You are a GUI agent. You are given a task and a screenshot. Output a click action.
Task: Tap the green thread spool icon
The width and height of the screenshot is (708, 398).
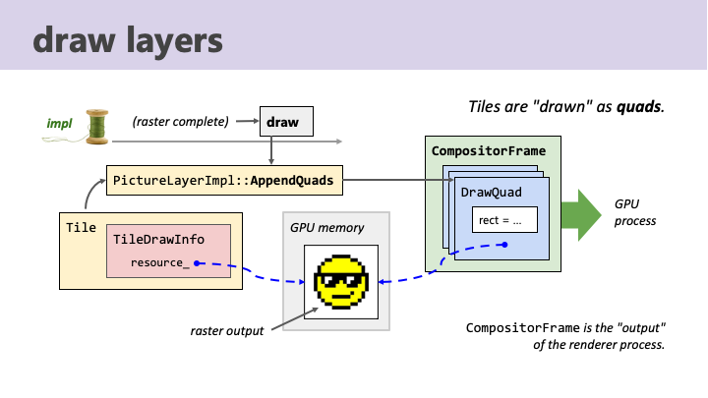(x=97, y=127)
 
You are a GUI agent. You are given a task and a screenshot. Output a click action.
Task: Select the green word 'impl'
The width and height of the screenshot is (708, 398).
(x=60, y=123)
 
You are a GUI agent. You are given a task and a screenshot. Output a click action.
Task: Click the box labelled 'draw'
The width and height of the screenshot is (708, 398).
(x=286, y=122)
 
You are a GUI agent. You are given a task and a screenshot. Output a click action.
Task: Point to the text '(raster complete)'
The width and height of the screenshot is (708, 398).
(x=181, y=122)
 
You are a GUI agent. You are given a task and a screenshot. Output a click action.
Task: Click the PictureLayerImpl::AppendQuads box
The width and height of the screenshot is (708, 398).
(x=224, y=181)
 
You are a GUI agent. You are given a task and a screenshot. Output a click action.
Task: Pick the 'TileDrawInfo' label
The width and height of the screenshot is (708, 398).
(x=158, y=239)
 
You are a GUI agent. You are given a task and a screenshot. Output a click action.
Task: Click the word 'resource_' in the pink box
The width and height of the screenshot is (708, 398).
(x=160, y=262)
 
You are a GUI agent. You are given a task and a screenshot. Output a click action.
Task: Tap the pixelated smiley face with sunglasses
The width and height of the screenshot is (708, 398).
(x=341, y=282)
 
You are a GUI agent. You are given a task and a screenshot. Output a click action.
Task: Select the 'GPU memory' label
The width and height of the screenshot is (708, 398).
(x=326, y=228)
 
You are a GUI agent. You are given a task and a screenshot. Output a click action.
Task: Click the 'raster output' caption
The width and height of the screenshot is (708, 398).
(x=227, y=331)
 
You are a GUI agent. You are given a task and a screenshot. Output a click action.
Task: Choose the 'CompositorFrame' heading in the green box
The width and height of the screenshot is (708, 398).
(x=489, y=150)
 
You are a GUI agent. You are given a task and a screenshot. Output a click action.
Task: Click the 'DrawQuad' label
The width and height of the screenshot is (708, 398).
(x=492, y=193)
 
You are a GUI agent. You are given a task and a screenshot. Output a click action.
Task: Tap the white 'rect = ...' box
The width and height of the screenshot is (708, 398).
(x=504, y=220)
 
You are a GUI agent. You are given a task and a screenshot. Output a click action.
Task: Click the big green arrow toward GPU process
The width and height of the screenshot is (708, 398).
(x=581, y=215)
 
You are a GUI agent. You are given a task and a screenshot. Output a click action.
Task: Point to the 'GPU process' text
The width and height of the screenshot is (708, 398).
(x=635, y=212)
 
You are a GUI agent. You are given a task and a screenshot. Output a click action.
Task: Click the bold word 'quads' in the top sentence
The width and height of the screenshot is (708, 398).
(x=639, y=107)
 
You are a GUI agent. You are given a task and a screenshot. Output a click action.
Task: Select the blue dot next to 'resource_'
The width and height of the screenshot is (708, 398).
(x=197, y=263)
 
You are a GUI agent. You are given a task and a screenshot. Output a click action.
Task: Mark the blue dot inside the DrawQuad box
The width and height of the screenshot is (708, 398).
(x=504, y=245)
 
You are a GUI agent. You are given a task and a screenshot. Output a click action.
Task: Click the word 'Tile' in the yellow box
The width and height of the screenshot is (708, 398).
(x=81, y=227)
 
